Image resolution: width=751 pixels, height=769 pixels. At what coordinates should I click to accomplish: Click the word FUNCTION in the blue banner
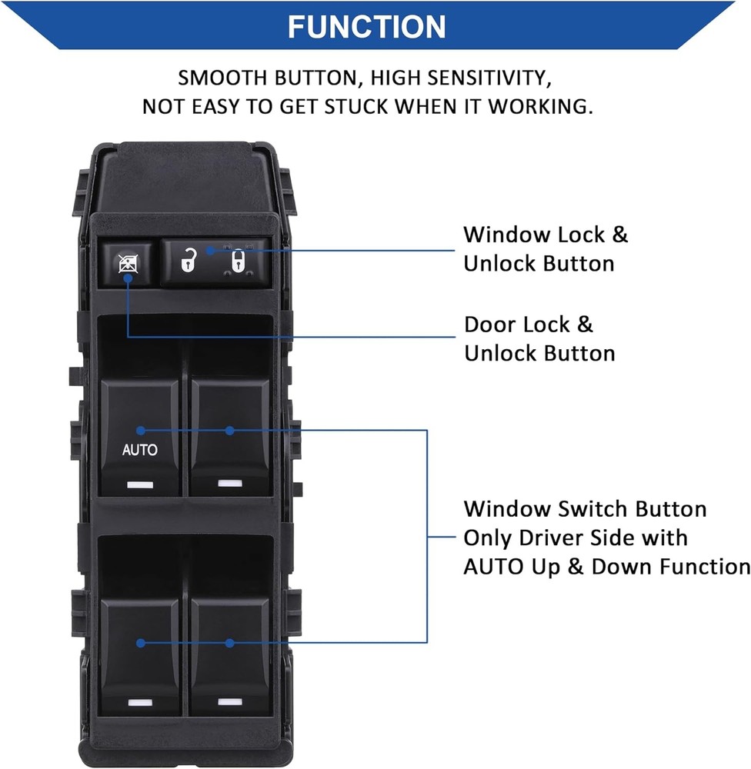(x=366, y=26)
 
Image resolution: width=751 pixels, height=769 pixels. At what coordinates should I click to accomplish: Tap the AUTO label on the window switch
(x=139, y=450)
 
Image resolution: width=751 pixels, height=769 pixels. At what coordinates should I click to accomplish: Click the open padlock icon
(x=187, y=261)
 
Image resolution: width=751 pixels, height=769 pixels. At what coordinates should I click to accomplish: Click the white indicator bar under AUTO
(x=139, y=485)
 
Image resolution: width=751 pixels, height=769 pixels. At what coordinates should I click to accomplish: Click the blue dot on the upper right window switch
(x=229, y=431)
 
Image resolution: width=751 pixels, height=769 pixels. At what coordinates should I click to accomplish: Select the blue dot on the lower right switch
(x=229, y=642)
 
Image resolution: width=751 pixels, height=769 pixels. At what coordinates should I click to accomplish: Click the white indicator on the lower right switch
(x=229, y=701)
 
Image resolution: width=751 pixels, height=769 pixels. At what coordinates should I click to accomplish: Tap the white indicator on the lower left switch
(x=139, y=702)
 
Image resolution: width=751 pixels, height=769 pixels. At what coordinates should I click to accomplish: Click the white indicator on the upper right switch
(x=229, y=483)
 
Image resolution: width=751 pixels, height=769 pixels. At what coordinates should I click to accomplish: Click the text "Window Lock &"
(x=545, y=235)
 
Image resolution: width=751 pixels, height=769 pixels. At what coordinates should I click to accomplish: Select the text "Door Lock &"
(x=528, y=324)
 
